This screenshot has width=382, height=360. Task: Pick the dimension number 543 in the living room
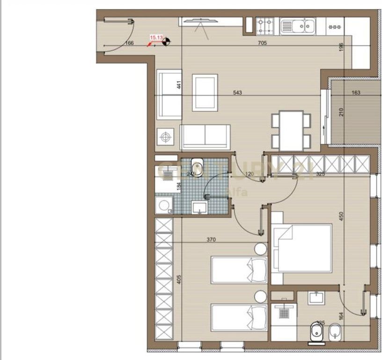(237, 93)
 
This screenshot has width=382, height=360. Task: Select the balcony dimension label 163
(356, 93)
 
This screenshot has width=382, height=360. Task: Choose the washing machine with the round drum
(163, 205)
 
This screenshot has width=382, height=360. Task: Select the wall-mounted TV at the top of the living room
(200, 20)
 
